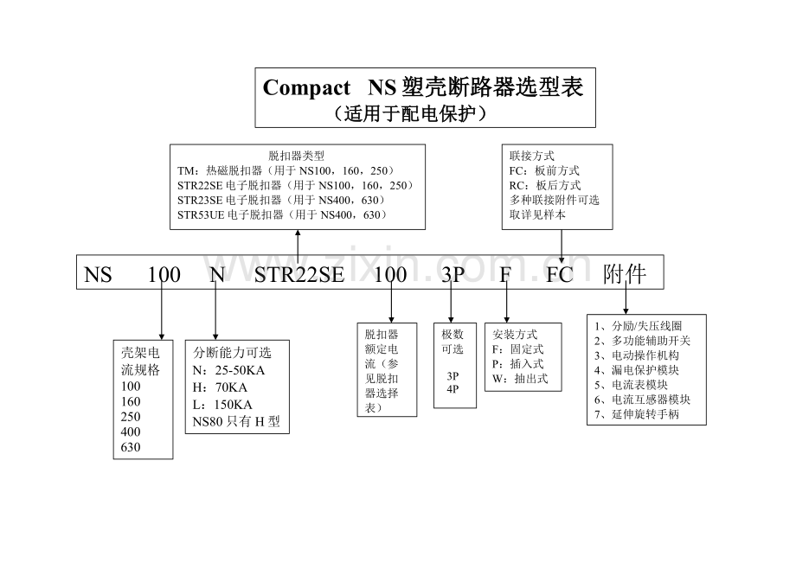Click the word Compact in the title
tap(306, 88)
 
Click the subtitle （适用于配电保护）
tap(410, 113)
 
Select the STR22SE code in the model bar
tap(299, 274)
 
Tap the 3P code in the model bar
tap(453, 274)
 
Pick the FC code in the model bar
tap(560, 274)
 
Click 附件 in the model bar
tap(625, 274)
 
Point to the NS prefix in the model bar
tap(98, 274)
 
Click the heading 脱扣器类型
tap(296, 156)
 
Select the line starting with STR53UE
tap(282, 214)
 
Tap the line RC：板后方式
tap(545, 185)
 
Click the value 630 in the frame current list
tap(131, 447)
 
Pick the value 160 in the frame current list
tap(131, 401)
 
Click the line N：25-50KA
tap(228, 370)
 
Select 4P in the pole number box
tap(453, 389)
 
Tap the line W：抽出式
tap(520, 379)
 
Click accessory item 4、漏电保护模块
tap(637, 370)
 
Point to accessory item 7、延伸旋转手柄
tap(637, 414)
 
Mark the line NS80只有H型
tap(236, 421)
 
